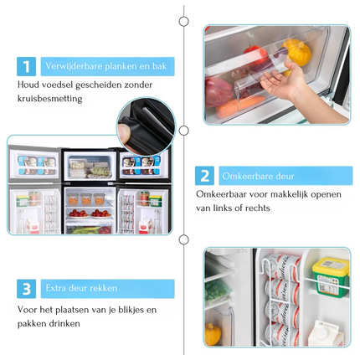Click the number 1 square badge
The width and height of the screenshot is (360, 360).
point(26,66)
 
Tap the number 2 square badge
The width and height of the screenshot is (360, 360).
point(204,176)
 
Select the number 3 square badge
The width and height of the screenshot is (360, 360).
point(26,289)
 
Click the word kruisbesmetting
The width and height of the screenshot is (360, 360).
point(50,99)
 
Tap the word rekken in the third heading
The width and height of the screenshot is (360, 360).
point(104,288)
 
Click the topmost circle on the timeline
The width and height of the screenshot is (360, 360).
point(183,21)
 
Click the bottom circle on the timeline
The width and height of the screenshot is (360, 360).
point(183,239)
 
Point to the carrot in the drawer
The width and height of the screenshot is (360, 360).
point(240,106)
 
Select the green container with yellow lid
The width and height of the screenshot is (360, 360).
point(331,277)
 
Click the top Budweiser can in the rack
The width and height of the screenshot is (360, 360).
point(282,266)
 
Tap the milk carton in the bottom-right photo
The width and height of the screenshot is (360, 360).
point(326,333)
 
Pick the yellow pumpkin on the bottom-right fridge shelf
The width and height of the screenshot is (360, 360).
point(213,334)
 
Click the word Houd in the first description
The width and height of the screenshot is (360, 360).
point(28,85)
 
